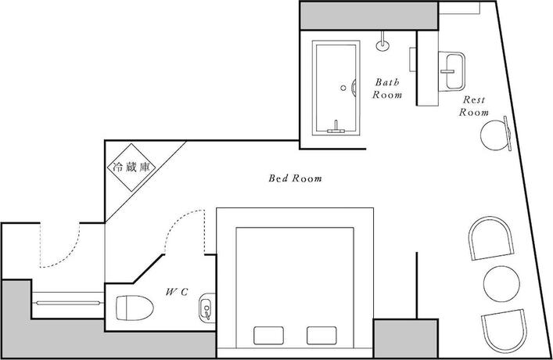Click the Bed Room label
click(x=295, y=178)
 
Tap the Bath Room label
click(x=387, y=88)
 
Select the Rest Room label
click(x=475, y=106)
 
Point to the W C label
click(x=175, y=291)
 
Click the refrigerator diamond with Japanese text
click(x=131, y=167)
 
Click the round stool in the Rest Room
click(x=495, y=134)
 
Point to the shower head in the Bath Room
click(x=383, y=41)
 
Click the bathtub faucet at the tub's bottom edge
click(x=338, y=125)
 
